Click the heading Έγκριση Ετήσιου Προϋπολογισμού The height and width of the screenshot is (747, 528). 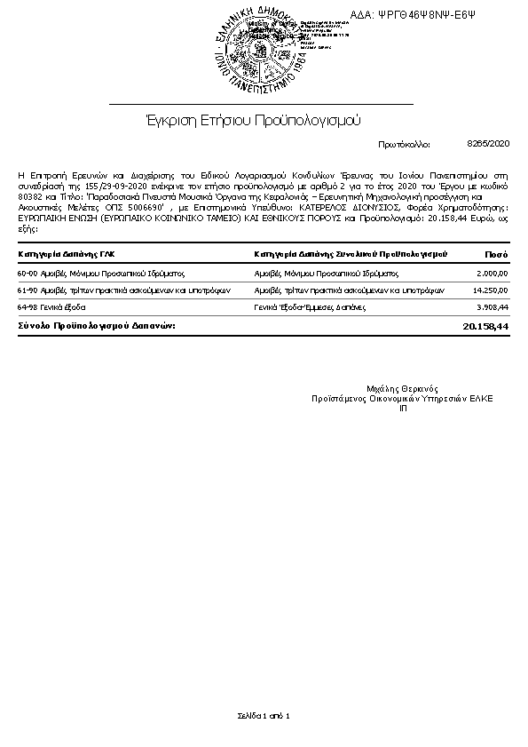(x=253, y=119)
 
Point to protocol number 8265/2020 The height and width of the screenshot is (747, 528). (x=488, y=142)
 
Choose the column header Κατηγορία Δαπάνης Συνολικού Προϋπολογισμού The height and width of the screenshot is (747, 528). (x=350, y=254)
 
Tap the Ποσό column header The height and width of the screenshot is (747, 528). (x=497, y=254)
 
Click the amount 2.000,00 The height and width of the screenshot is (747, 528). (x=492, y=274)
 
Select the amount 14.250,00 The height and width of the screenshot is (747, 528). (x=490, y=290)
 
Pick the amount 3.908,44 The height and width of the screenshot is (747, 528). (x=492, y=306)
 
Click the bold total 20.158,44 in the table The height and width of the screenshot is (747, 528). (x=485, y=326)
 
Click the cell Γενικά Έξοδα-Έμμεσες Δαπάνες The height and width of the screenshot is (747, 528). (x=309, y=306)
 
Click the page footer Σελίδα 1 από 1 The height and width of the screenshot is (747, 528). (x=264, y=715)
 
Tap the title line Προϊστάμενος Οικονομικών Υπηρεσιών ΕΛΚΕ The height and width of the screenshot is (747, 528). (x=402, y=398)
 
